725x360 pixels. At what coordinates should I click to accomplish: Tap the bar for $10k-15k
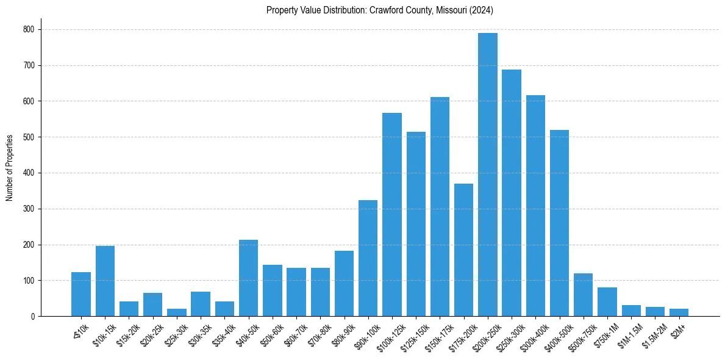tap(105, 281)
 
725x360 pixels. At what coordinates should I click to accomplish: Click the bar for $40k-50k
tap(248, 278)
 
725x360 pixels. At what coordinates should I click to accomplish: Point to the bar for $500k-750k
tap(584, 295)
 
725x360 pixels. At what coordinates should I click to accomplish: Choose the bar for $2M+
tap(679, 312)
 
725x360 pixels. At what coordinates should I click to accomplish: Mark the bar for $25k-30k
tap(177, 312)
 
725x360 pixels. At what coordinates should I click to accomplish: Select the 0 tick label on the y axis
tap(33, 317)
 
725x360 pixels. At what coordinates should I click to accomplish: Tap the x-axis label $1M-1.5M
tap(627, 334)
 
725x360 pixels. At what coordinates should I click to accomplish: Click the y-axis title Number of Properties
tap(9, 168)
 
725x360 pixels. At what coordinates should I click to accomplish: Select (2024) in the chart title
tap(481, 10)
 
